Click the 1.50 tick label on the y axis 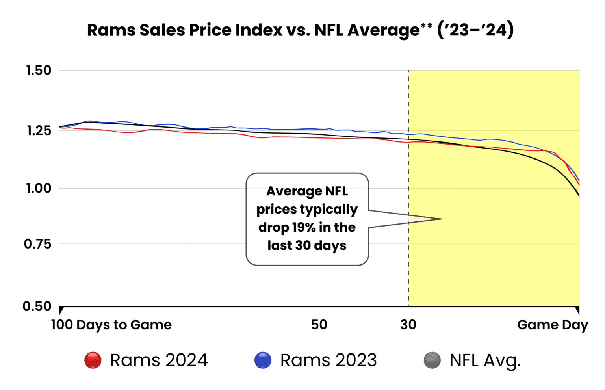[39, 71]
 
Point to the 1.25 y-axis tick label [39, 130]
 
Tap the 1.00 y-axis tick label [39, 188]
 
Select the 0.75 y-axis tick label [38, 244]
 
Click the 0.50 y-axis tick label [37, 306]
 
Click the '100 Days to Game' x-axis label [111, 325]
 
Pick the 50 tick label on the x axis [319, 325]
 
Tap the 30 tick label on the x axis [408, 325]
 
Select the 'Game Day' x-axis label [552, 325]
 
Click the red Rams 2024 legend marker [93, 360]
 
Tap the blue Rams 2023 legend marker [263, 360]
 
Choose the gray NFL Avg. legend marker [432, 360]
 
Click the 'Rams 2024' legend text [159, 360]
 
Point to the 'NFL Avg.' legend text [485, 360]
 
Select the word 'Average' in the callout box [289, 191]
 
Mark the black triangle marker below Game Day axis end [577, 310]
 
